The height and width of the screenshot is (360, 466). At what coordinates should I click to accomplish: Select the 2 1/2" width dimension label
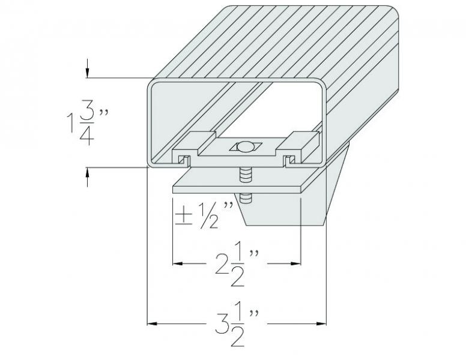point(237,264)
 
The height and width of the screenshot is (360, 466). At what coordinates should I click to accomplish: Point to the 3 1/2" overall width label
point(237,324)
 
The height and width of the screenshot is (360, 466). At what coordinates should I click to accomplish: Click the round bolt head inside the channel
point(246,147)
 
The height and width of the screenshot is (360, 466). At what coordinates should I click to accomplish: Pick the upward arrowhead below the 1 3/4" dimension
point(88,173)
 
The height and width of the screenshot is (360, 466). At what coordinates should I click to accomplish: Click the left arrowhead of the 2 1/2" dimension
point(178,263)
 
